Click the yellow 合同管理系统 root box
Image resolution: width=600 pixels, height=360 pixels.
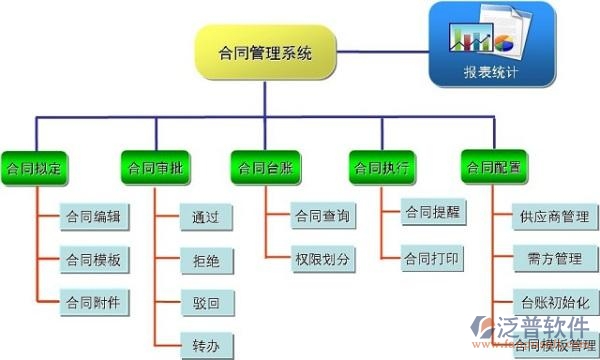pyautogui.click(x=265, y=53)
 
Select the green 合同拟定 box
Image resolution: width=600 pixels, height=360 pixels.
pyautogui.click(x=35, y=166)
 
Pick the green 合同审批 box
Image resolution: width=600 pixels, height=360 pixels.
pyautogui.click(x=155, y=166)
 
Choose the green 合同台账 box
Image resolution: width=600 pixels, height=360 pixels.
pyautogui.click(x=265, y=166)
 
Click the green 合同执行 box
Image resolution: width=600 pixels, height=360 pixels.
pyautogui.click(x=381, y=166)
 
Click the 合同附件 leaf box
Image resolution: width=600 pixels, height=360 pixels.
pyautogui.click(x=93, y=301)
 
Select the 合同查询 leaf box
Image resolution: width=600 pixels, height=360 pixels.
pyautogui.click(x=321, y=216)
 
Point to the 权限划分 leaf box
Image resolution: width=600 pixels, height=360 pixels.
pyautogui.click(x=321, y=258)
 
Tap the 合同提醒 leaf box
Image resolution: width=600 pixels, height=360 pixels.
pyautogui.click(x=432, y=213)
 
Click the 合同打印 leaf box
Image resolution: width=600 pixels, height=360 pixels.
pyautogui.click(x=432, y=258)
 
